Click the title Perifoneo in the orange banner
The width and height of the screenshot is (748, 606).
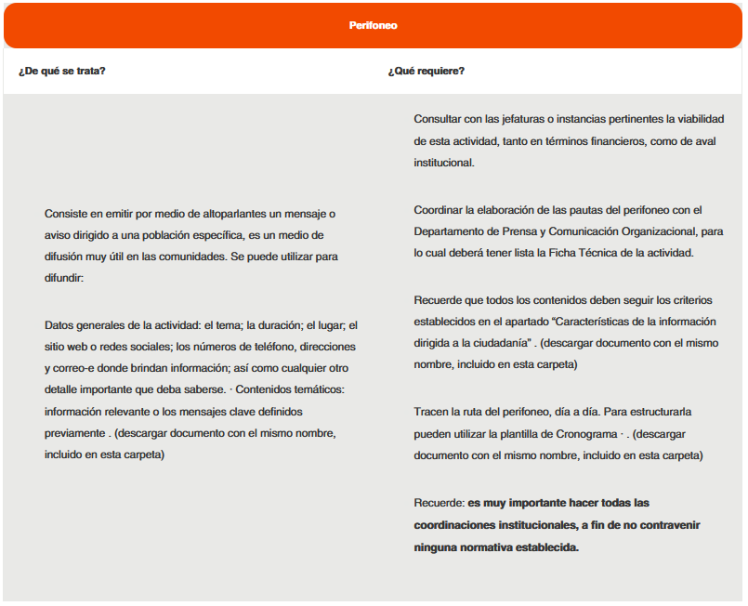373,25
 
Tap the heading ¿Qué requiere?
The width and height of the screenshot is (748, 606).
426,71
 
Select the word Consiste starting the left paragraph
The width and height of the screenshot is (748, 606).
67,214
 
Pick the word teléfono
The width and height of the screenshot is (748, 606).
268,347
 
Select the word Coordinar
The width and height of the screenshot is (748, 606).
440,209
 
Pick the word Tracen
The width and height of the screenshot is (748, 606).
431,412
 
